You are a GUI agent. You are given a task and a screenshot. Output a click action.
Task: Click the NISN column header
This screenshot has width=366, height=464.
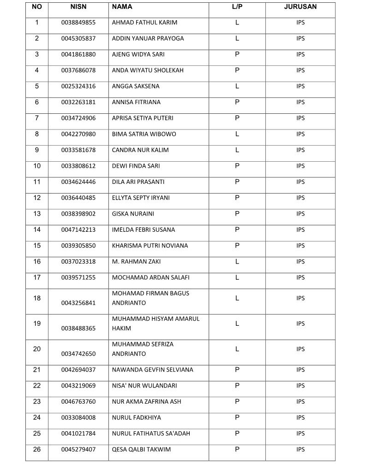pos(78,7)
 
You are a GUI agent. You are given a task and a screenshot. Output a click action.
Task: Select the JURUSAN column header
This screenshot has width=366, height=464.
pos(300,7)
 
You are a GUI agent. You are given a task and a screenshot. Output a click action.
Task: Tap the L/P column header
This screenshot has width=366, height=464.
pos(237,7)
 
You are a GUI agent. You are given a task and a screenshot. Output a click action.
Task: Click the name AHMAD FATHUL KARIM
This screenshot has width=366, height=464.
pos(144,23)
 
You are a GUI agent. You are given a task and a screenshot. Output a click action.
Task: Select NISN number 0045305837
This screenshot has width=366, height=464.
pos(78,39)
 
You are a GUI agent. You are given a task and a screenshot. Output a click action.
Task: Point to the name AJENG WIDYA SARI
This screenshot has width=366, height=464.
pos(138,54)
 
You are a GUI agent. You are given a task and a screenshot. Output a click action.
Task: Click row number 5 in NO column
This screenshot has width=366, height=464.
pos(37,86)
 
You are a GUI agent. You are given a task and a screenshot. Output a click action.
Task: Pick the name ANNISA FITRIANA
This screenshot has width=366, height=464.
pos(136,102)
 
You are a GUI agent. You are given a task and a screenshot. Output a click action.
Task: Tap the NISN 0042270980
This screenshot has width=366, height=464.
pos(78,134)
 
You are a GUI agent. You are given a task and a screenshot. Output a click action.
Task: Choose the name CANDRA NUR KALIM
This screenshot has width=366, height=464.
pos(140,150)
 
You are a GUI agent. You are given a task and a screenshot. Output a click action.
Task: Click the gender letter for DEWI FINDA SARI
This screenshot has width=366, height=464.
pos(237,166)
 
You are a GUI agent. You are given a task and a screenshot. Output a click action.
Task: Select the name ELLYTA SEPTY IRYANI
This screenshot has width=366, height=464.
pos(141,198)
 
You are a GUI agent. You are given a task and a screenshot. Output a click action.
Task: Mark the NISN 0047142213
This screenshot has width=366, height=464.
pos(78,229)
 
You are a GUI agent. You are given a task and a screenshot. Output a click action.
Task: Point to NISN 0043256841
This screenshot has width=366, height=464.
pos(78,303)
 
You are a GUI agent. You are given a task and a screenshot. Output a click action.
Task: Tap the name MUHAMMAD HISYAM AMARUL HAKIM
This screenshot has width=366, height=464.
pos(156,323)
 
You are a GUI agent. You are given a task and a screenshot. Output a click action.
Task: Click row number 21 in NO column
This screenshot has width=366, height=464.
pos(37,370)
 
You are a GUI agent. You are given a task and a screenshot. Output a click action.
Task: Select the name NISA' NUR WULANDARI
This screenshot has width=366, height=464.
pos(144,386)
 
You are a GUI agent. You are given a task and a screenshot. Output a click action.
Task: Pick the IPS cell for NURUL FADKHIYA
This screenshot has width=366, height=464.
pos(300,417)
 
